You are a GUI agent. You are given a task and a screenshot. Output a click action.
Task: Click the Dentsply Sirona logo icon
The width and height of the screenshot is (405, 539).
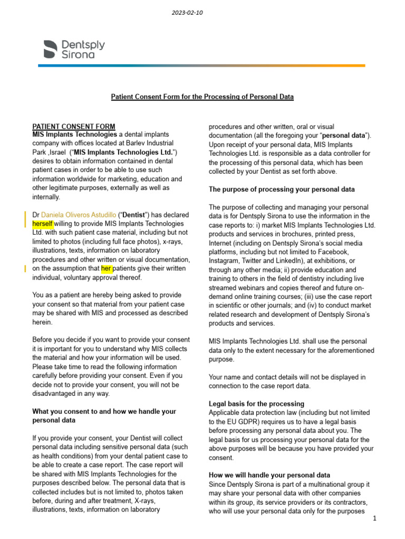[51, 48]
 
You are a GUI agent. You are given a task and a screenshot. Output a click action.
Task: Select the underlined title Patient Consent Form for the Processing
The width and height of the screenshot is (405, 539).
[202, 97]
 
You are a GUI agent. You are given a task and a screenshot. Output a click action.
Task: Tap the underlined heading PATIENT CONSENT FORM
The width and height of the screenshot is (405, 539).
[74, 126]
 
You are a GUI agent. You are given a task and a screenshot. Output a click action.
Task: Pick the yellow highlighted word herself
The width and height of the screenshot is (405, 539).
[43, 224]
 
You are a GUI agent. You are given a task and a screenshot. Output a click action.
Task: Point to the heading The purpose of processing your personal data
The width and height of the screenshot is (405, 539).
[282, 189]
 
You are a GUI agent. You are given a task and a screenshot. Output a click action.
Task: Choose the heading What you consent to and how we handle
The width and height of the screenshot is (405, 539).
[104, 412]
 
